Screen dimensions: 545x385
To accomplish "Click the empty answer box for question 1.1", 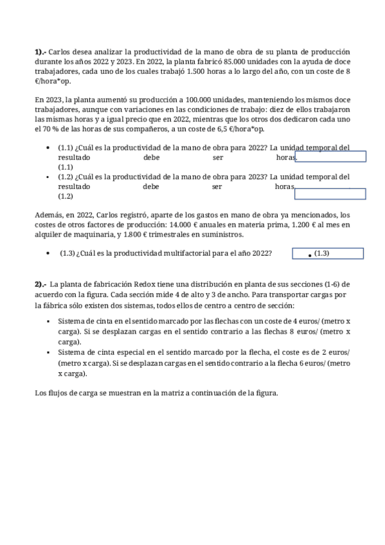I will point(330,157).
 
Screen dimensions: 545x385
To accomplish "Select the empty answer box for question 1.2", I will point(330,193).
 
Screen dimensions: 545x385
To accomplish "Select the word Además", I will point(49,215).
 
